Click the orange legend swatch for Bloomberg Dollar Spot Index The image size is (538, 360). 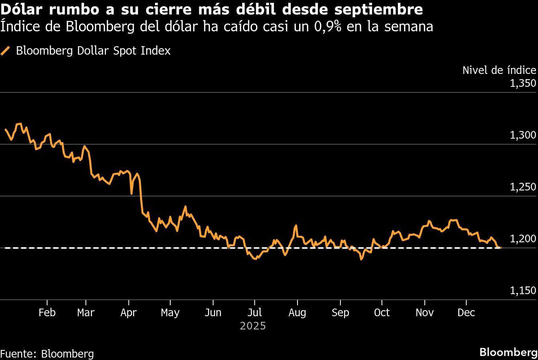pos(6,51)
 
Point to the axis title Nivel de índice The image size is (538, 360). pos(499,70)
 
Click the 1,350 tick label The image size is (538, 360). pos(523,84)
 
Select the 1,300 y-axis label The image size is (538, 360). pos(523,135)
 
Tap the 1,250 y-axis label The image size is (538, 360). pos(523,187)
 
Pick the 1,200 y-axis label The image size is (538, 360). pos(523,239)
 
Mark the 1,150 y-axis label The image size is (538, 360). pos(523,291)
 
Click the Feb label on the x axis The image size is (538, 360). pos(47,313)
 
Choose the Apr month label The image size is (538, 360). pos(128,313)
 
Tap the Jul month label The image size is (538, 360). pos(254,313)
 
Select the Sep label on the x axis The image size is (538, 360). pos(340,313)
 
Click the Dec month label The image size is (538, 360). pos(466,313)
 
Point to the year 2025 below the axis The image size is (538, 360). pos(253,326)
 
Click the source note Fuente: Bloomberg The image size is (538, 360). pos(47,354)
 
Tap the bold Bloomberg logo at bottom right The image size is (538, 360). pos(508,351)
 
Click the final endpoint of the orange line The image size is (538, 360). pos(500,248)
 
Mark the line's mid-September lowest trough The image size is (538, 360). pos(361,259)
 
